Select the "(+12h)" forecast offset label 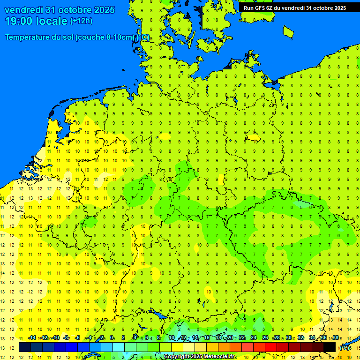(x=81, y=21)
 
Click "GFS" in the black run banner (x=261, y=7)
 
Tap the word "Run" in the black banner (x=248, y=7)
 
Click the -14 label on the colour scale (x=31, y=338)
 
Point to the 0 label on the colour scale (x=112, y=338)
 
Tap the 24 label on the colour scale (x=253, y=338)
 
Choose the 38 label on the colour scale (x=336, y=338)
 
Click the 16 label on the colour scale (x=206, y=338)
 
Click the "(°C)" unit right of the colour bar (x=345, y=347)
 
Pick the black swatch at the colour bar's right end (x=330, y=347)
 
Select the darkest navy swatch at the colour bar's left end (x=25, y=347)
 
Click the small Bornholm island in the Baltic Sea (x=288, y=32)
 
